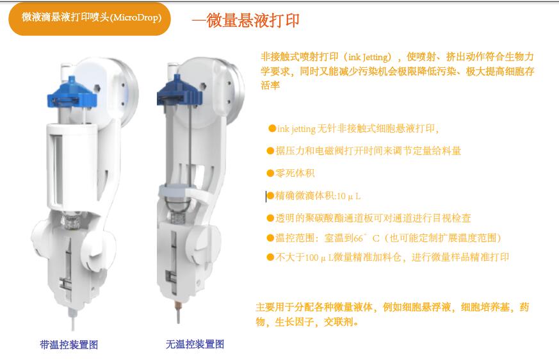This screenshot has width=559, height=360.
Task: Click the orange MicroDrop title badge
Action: coord(90,19)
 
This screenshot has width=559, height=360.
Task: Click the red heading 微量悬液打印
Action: coord(253,20)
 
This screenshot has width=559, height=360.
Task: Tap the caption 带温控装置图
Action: coord(69,345)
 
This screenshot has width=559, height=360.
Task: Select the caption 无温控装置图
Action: coord(195,344)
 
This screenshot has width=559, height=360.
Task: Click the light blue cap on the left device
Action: coord(72,93)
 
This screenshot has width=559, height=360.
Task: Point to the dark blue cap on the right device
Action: coord(180,92)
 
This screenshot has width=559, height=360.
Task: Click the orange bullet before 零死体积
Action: coord(271,174)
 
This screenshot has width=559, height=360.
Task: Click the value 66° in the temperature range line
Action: coord(360,238)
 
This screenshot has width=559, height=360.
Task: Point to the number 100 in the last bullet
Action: coord(312,258)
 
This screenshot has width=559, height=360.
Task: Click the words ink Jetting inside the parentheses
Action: coord(368,57)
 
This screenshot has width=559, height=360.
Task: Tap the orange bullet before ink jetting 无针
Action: coord(272,129)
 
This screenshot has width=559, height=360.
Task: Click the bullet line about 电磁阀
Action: coord(364,151)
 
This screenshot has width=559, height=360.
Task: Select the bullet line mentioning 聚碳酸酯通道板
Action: coord(369,218)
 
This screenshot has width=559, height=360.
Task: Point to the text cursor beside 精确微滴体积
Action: coord(266,196)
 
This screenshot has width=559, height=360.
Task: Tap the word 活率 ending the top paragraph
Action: coord(270,85)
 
